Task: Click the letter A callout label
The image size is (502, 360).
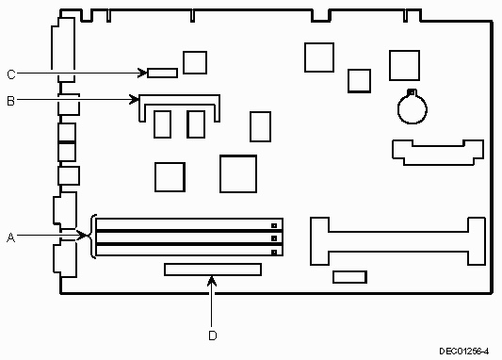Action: click(x=11, y=237)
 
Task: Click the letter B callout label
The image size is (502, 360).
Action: click(x=10, y=101)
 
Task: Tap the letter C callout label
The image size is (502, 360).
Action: click(x=11, y=74)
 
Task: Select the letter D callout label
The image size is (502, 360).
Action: click(x=213, y=335)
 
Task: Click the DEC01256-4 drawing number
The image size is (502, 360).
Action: click(x=464, y=352)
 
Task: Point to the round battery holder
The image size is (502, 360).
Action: click(x=412, y=109)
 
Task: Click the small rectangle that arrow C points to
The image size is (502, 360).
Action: click(x=163, y=73)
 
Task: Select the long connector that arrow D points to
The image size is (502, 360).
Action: click(x=213, y=270)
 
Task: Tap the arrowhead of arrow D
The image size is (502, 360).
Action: click(x=212, y=281)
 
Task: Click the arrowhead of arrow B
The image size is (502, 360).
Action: click(x=135, y=99)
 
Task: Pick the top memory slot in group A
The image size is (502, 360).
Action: click(x=189, y=224)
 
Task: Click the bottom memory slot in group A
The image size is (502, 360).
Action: click(x=189, y=251)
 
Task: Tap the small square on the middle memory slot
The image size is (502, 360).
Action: click(x=274, y=238)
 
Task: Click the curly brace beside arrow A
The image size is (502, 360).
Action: click(x=93, y=236)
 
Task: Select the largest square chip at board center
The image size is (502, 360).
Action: click(x=238, y=174)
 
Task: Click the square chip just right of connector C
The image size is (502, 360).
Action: click(x=195, y=62)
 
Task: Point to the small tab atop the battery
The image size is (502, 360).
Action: click(x=412, y=92)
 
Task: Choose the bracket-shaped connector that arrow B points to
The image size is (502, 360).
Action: click(x=179, y=99)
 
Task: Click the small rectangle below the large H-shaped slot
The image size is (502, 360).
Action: click(x=350, y=277)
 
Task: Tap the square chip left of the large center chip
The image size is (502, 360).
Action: click(x=170, y=177)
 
